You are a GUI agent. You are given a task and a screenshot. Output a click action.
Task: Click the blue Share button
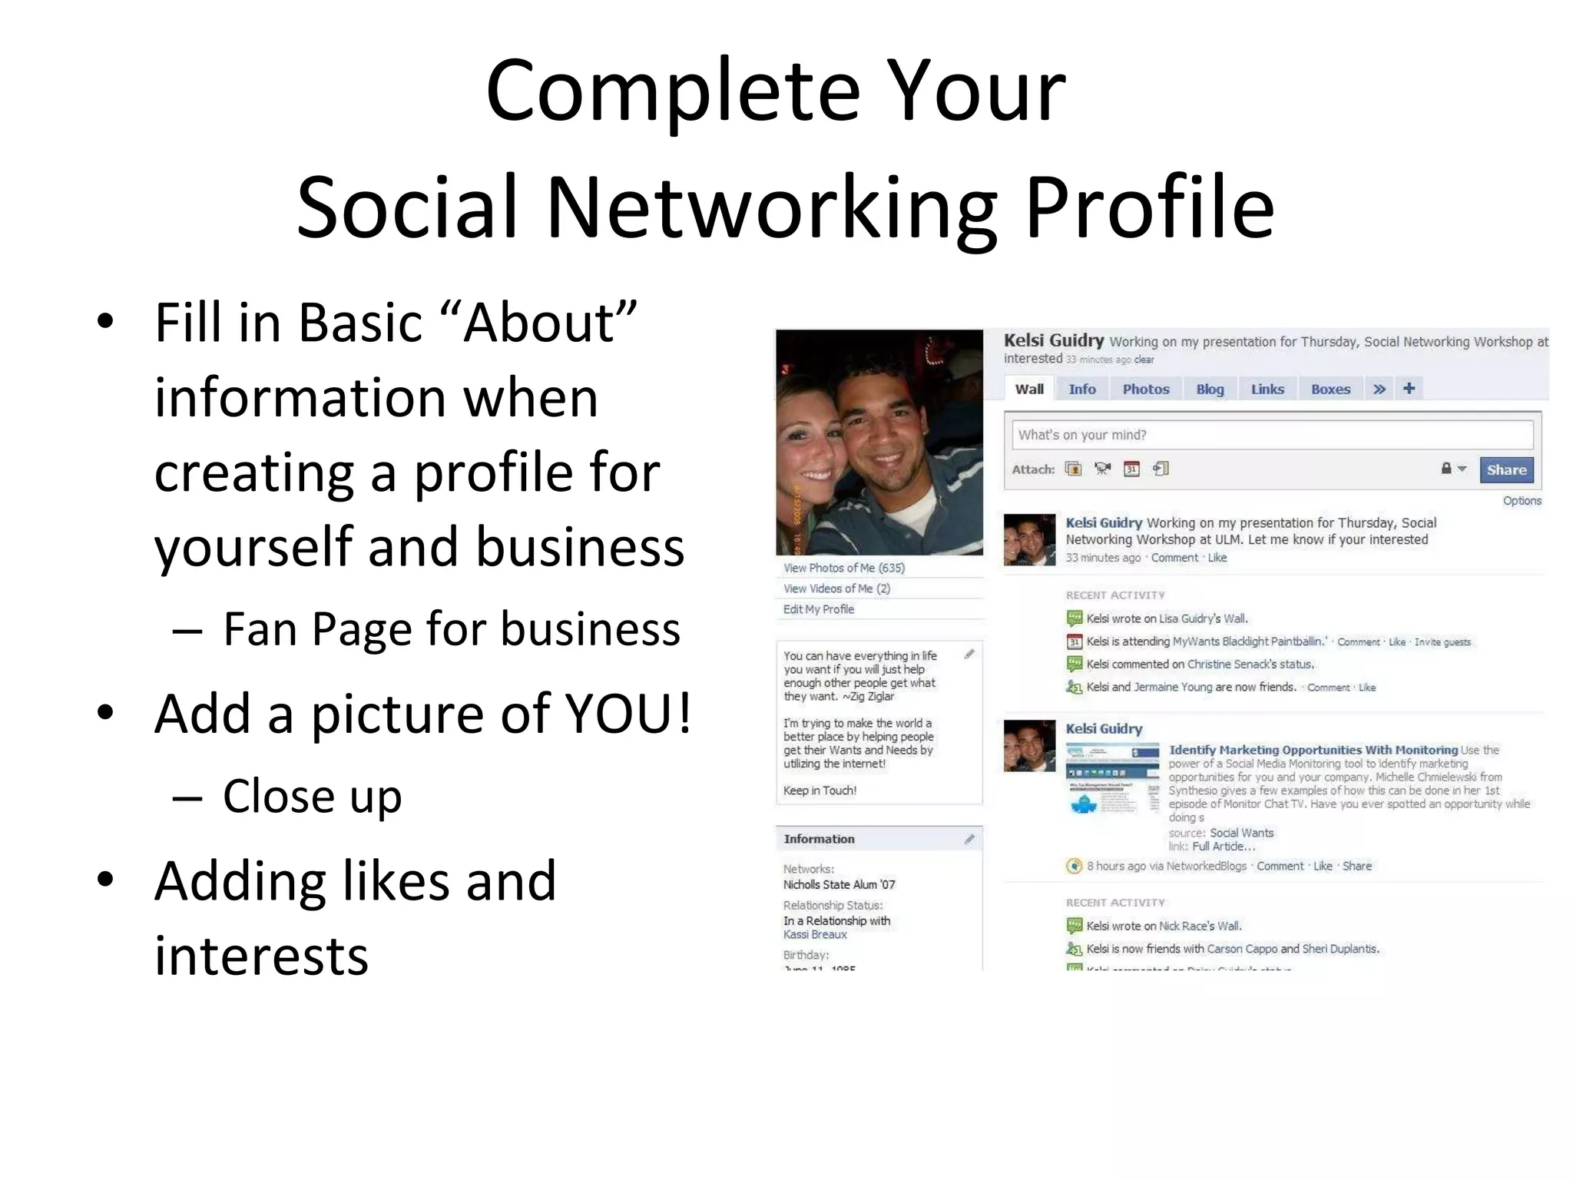coord(1505,470)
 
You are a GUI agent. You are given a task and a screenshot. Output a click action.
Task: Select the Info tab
coord(1081,389)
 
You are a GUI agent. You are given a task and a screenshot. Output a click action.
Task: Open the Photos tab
coord(1145,389)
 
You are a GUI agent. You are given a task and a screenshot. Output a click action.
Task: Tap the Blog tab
coord(1210,389)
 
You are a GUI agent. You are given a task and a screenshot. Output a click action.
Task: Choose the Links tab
coord(1267,389)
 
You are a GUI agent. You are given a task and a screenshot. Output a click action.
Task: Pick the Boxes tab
coord(1330,389)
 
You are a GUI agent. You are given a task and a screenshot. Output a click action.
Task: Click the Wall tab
coord(1029,389)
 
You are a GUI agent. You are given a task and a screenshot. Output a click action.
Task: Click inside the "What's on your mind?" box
coord(1271,435)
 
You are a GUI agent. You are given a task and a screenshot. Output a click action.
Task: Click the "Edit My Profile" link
coord(818,609)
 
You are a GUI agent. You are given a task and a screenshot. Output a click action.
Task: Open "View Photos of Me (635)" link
coord(843,568)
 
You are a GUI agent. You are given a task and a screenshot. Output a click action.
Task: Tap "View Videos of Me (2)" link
coord(836,588)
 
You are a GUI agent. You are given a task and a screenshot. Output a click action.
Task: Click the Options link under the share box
coord(1522,501)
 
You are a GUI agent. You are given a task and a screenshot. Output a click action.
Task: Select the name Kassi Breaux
coord(814,934)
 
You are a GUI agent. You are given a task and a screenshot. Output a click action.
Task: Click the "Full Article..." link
coord(1223,847)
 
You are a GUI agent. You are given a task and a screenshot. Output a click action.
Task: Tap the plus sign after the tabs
coord(1409,389)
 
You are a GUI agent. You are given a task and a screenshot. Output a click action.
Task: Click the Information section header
coord(819,839)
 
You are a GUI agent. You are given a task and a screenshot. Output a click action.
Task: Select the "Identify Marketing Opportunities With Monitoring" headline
coord(1313,750)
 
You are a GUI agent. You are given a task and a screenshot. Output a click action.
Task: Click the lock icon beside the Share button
coord(1446,469)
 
